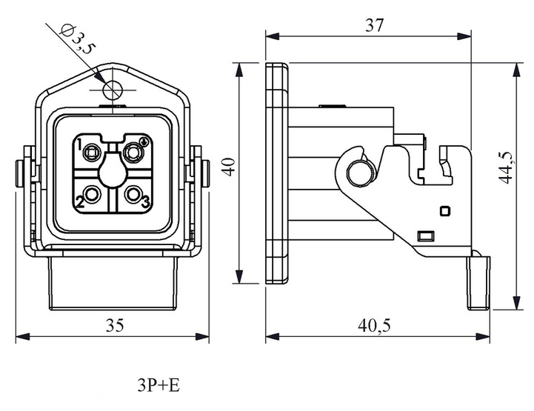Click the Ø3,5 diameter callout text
pos(77,39)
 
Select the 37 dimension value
pos(374,25)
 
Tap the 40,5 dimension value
pos(374,326)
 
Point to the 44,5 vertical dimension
pos(506,167)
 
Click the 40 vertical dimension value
pos(229,167)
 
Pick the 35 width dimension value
pos(115,325)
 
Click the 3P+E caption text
pos(158,386)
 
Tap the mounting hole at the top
pos(113,90)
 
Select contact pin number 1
pos(91,153)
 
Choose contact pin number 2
pos(92,195)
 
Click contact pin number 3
pos(133,195)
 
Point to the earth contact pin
pos(132,153)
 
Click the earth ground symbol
pos(144,141)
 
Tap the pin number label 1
pos(79,144)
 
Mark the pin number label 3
pos(145,203)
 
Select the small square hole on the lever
pos(445,211)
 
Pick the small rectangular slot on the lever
pos(426,235)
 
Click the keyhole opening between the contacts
pos(113,168)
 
